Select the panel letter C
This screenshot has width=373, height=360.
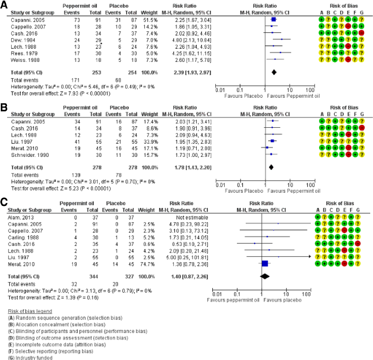[4, 202]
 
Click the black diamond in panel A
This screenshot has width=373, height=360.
[274, 72]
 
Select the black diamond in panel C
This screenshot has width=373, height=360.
[264, 276]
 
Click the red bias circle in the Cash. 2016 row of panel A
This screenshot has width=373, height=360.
[362, 33]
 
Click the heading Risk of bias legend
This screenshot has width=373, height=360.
[30, 311]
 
